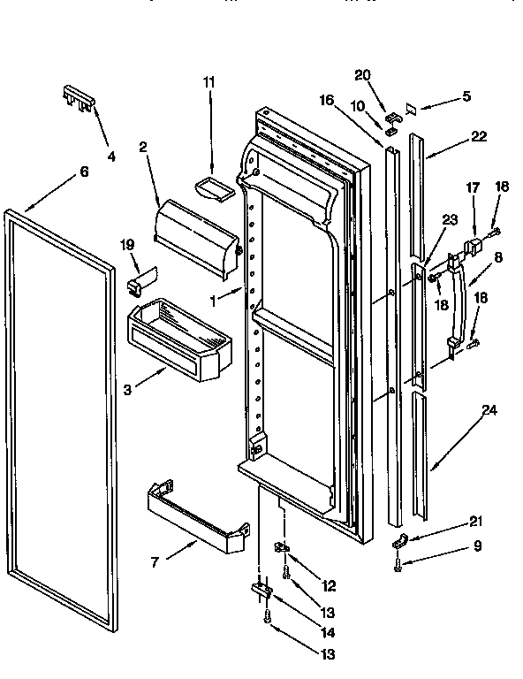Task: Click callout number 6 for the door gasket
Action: click(x=84, y=172)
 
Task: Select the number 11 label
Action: click(x=208, y=82)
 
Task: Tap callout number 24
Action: click(x=488, y=409)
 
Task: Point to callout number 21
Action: click(x=477, y=523)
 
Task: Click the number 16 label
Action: click(x=326, y=100)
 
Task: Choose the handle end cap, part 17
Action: click(x=477, y=245)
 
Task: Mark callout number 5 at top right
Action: click(x=466, y=96)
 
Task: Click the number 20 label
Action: click(x=363, y=74)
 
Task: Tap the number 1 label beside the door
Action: click(x=213, y=299)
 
